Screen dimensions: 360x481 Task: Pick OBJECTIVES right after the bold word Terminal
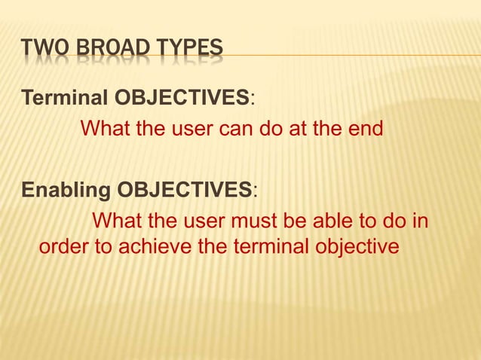coord(181,98)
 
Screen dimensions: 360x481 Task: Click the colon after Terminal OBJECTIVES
coord(253,98)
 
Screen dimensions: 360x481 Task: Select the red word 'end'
coord(366,130)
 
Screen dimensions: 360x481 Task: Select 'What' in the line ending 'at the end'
coord(106,130)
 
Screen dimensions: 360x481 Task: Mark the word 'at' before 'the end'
coord(295,130)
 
